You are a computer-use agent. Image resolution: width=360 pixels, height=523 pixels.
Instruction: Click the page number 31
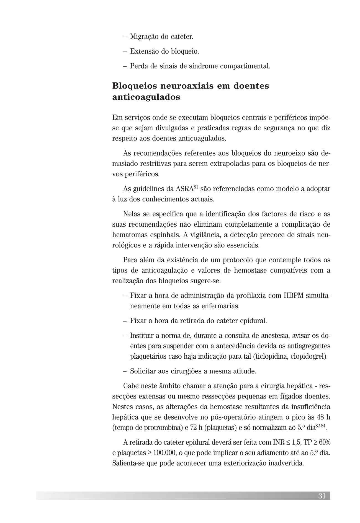322,496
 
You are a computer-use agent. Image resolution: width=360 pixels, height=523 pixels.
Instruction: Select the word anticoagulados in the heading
146,97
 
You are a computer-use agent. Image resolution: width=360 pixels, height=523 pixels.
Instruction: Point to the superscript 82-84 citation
320,425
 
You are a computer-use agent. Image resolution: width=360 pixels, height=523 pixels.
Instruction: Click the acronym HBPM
294,296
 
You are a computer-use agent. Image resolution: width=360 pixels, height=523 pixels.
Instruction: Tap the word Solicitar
143,371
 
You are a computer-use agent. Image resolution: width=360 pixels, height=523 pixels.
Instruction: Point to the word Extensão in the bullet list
142,51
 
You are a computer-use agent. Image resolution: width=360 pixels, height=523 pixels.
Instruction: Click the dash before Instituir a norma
125,336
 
